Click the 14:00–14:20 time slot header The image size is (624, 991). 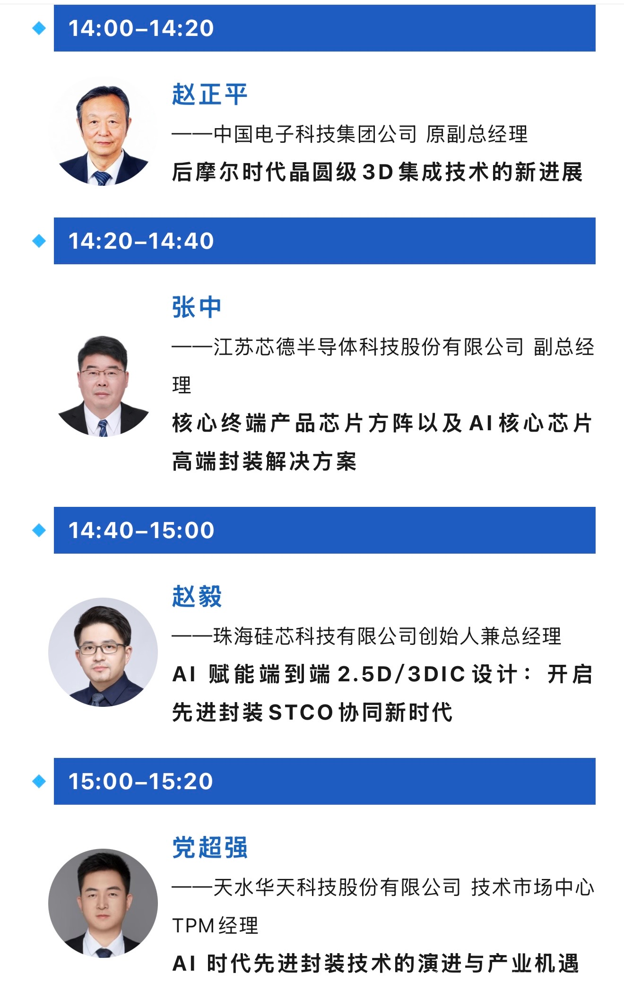[324, 28]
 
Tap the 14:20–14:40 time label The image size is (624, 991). [141, 241]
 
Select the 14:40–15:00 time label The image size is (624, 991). [141, 530]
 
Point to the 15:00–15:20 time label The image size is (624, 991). [141, 781]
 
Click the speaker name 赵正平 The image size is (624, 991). [209, 94]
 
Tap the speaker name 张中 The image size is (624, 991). [197, 307]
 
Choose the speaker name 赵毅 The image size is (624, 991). [197, 596]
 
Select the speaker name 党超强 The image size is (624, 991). [209, 847]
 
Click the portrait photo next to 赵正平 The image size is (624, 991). [103, 131]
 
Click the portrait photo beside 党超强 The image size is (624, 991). [103, 904]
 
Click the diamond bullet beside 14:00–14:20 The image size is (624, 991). [39, 28]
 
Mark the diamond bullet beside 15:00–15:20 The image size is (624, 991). [39, 781]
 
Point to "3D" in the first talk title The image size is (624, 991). [378, 172]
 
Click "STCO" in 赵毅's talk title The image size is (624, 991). [301, 713]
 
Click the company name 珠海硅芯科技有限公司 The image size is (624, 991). [315, 636]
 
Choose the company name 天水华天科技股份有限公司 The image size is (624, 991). [337, 887]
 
